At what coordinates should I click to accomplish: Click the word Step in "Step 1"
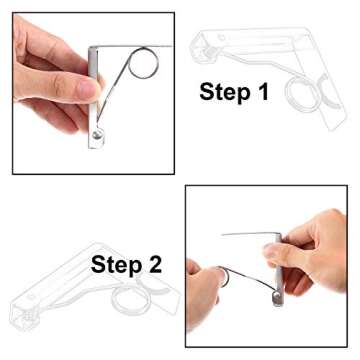[224, 92]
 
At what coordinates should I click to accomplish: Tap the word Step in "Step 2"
[116, 265]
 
